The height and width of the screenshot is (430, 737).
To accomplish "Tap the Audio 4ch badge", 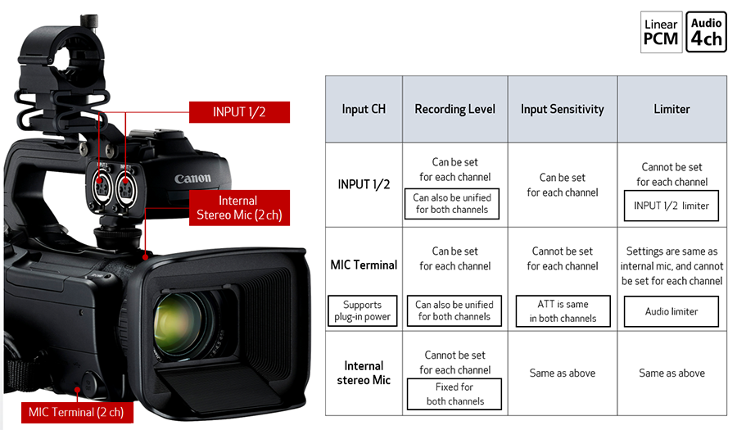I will click(706, 32).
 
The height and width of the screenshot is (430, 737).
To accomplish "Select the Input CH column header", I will click(364, 109).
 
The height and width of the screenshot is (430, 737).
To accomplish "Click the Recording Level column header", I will click(454, 109).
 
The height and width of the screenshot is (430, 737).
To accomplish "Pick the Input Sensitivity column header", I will click(562, 109).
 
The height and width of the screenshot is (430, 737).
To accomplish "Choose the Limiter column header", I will click(671, 109).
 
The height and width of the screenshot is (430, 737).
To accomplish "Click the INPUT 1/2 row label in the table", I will click(364, 184).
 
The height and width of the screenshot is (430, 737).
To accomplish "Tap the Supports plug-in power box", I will click(364, 310).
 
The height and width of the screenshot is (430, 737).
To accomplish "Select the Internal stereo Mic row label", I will click(364, 373).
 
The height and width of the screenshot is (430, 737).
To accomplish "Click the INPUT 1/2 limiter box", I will click(671, 206).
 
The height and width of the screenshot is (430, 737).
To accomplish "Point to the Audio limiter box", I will click(671, 311).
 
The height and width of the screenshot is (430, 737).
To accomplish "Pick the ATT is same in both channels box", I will click(562, 311).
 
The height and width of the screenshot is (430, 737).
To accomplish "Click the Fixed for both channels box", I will click(454, 394).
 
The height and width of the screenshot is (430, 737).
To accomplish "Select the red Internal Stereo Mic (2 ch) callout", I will click(237, 208).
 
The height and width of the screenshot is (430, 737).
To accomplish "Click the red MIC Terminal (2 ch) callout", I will click(76, 411).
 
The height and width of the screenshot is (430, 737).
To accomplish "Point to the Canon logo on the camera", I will click(192, 178).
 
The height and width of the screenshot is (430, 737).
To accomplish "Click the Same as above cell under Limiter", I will click(671, 373).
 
